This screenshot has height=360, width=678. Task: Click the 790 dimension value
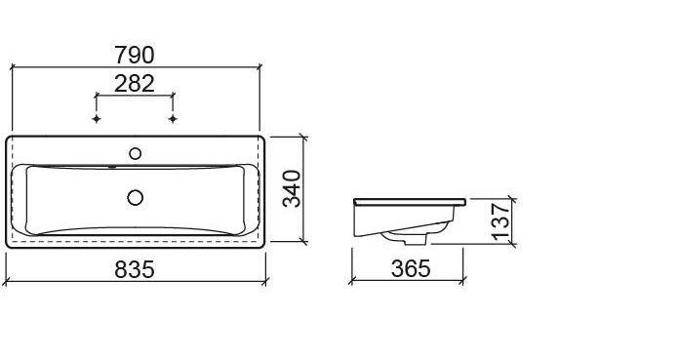(x=135, y=56)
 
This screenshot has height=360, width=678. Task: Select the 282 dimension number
(x=135, y=84)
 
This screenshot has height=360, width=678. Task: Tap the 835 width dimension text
(x=135, y=269)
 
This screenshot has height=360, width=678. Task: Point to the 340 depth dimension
(x=292, y=189)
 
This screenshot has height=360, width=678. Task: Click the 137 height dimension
(x=500, y=221)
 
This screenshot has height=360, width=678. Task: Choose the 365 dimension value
(x=411, y=269)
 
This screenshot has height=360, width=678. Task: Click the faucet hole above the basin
(x=136, y=153)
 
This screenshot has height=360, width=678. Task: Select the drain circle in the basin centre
(x=136, y=197)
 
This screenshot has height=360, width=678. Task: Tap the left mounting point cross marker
(x=97, y=118)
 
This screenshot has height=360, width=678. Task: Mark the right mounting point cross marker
(x=173, y=118)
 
